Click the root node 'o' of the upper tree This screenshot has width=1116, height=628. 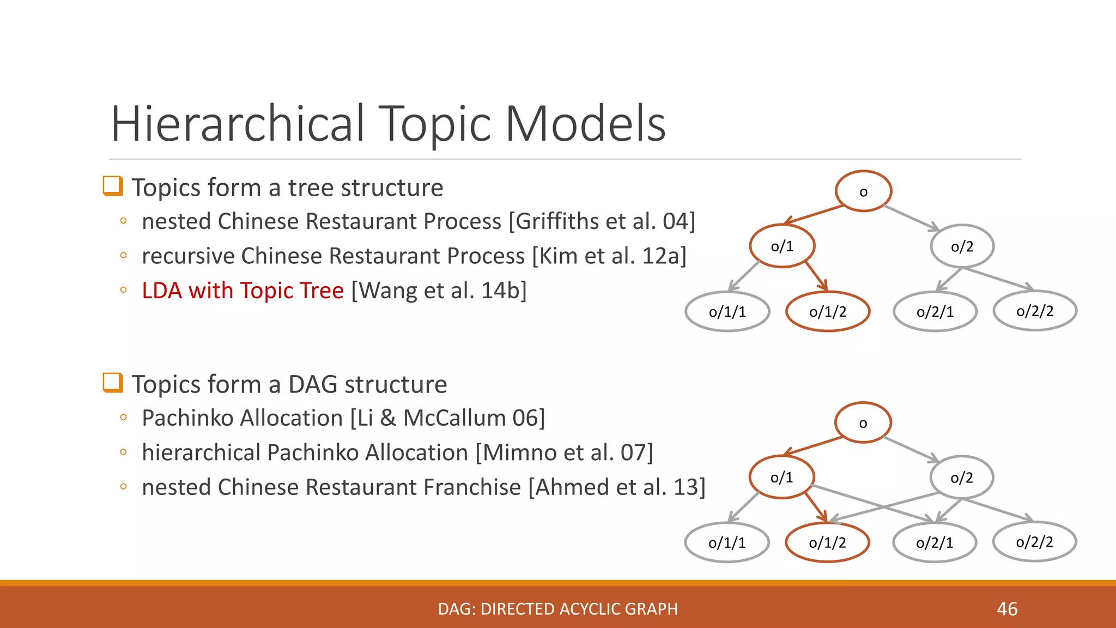863,191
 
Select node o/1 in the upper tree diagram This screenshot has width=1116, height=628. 782,246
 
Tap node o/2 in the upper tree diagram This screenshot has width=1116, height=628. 962,246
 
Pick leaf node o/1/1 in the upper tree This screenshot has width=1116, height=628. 727,312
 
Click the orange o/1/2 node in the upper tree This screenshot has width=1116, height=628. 828,312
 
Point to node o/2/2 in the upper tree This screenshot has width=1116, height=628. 1035,311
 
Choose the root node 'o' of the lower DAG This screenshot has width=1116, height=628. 863,422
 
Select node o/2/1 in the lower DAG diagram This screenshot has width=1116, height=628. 935,542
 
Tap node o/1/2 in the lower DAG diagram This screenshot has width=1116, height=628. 827,542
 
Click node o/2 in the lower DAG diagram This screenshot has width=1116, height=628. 962,478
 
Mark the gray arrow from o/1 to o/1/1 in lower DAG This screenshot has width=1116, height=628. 743,508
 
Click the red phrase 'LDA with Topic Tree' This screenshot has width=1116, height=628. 242,291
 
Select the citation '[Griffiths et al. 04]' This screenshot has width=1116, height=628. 602,221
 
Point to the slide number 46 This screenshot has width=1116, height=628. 1007,609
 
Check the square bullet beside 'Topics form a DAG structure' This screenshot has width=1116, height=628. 113,383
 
